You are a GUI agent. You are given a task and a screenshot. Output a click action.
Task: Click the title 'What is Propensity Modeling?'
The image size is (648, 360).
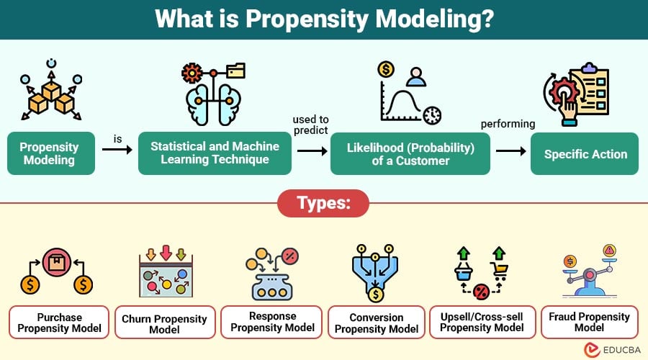323,19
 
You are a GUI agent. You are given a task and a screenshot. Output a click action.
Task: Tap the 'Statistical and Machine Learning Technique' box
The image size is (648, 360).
215,153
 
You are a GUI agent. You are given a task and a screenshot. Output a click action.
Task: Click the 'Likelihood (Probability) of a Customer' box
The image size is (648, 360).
410,153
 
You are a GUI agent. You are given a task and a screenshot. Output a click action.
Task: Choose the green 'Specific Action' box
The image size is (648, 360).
585,153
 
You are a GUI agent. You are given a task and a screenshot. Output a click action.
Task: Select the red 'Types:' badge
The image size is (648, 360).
323,204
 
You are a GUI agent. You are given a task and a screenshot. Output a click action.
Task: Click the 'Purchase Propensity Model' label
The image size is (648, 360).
60,323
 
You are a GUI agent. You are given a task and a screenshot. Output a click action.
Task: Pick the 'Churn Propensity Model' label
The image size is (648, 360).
164,323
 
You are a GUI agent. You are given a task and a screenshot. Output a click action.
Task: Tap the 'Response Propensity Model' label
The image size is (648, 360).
272,322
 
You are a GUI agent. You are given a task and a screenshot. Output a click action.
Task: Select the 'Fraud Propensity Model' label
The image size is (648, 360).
589,322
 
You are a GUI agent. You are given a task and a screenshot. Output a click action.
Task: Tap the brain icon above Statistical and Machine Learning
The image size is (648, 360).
214,97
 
